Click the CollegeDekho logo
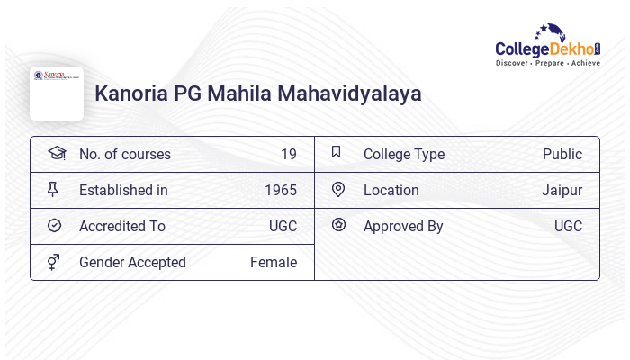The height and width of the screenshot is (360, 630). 548,47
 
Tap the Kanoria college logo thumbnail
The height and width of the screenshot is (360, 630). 57,93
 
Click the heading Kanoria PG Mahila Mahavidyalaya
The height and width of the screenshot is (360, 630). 258,94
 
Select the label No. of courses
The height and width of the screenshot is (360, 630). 125,154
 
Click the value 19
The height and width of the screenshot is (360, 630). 289,154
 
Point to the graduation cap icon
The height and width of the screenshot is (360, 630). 56,153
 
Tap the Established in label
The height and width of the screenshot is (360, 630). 123,190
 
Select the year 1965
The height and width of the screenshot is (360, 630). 281,190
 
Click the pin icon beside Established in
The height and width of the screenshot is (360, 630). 54,190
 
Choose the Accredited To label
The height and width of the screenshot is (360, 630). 122,226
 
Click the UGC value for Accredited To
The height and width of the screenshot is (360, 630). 283,226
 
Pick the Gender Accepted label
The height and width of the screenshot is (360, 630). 132,262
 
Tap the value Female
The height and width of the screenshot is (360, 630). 274,262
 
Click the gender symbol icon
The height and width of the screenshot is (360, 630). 54,262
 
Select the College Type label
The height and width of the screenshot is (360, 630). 404,154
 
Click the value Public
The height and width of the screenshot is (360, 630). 562,154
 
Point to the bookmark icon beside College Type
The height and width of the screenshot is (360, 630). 337,153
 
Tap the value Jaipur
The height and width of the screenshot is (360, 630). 562,190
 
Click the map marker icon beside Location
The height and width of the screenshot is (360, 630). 338,190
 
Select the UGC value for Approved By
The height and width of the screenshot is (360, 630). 568,226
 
